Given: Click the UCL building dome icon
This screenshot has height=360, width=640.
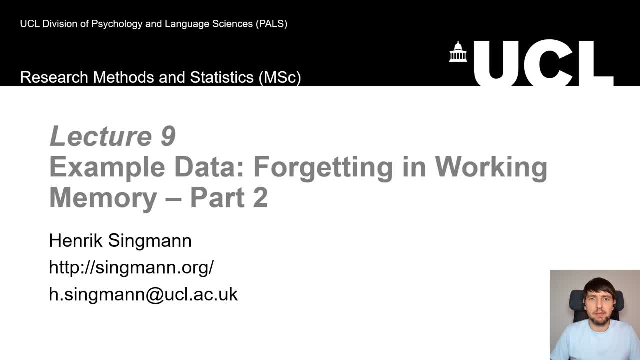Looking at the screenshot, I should point(458,52).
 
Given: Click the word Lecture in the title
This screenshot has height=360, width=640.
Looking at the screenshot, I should point(100,136).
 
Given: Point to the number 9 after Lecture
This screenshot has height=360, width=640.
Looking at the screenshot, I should point(168,136).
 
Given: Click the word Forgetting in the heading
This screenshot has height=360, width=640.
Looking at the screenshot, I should point(323,167).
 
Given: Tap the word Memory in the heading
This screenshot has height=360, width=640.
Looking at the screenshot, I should point(103,197).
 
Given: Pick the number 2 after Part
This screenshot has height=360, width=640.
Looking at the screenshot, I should point(260,197).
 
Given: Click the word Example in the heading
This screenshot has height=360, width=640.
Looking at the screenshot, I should point(107,167).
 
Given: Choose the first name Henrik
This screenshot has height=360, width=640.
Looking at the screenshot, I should point(75,241).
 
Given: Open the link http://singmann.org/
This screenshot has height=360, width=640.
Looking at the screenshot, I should point(131,267).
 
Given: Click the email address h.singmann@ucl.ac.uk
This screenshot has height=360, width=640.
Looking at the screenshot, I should point(143,294).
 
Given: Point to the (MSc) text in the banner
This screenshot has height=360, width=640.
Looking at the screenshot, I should point(279,77).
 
